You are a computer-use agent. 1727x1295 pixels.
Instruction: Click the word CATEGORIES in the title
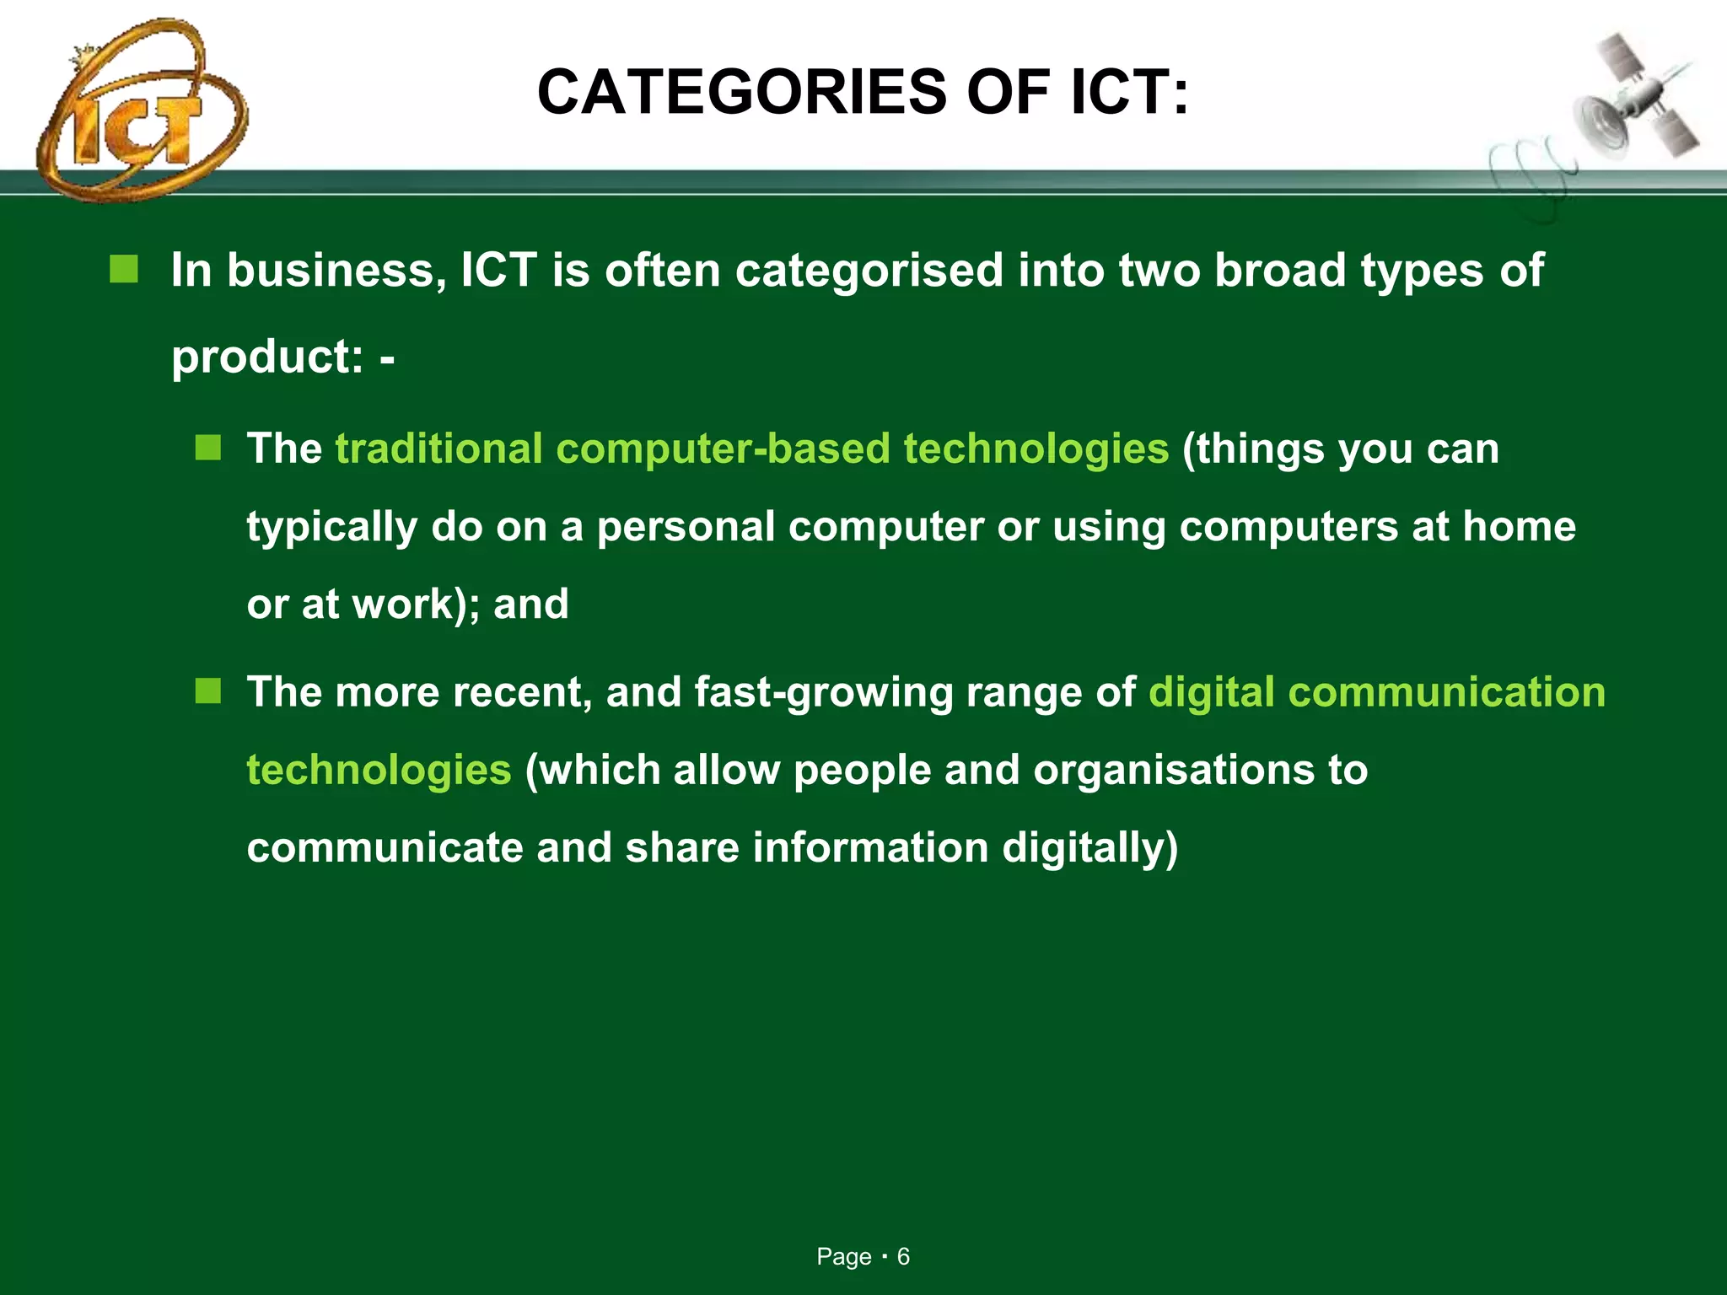(x=742, y=92)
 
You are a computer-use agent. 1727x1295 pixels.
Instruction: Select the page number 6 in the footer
(x=903, y=1257)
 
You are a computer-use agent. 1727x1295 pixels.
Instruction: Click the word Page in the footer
(x=843, y=1257)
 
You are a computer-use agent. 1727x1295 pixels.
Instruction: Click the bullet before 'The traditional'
(x=207, y=448)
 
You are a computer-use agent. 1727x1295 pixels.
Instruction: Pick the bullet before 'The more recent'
(x=207, y=691)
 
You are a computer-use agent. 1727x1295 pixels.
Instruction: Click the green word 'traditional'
(x=438, y=448)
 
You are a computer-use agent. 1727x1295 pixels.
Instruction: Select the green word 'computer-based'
(x=723, y=448)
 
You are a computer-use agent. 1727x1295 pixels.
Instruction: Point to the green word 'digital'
(x=1211, y=693)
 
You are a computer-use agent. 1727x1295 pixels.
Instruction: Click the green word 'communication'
(x=1447, y=691)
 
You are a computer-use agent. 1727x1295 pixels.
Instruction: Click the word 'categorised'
(x=869, y=271)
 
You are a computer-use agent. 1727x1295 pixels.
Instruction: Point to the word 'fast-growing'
(x=823, y=693)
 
